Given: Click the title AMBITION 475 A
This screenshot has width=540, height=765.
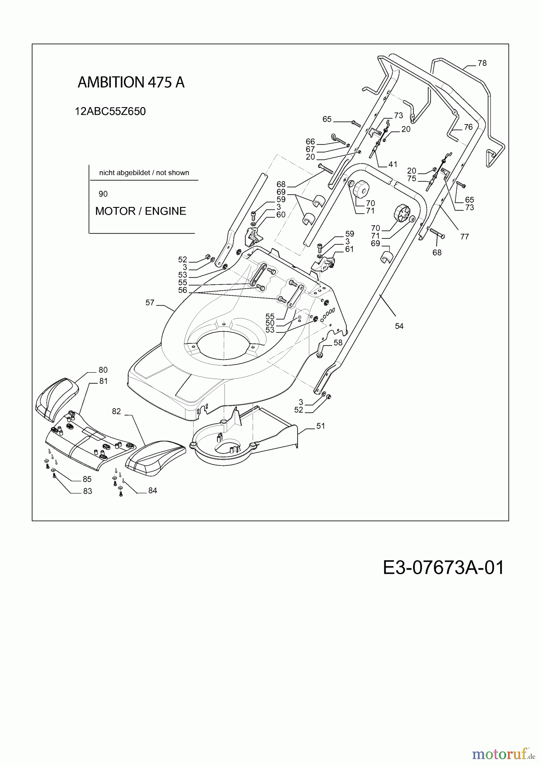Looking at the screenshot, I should tap(131, 82).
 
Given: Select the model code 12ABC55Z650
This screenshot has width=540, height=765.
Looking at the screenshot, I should tap(110, 111).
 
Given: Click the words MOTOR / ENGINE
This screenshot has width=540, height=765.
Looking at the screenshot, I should tap(141, 211).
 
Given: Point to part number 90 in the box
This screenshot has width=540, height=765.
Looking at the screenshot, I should tap(103, 194).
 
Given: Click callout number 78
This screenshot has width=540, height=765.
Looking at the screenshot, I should tap(482, 63).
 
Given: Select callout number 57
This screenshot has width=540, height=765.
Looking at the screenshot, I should tap(150, 303).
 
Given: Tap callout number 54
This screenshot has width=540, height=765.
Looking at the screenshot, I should tap(399, 326).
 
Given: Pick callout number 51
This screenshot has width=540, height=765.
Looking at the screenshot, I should tap(321, 425).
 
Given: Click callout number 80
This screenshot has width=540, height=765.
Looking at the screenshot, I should tap(103, 370).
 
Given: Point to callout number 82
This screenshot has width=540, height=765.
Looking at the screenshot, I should tap(116, 411).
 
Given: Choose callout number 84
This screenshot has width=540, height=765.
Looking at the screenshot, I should tap(153, 490).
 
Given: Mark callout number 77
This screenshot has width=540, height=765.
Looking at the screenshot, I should tap(465, 236).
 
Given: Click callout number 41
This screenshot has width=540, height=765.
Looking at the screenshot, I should tap(393, 164).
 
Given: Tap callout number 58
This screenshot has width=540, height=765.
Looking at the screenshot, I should tap(338, 343).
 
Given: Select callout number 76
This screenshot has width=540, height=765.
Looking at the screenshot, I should tap(468, 127).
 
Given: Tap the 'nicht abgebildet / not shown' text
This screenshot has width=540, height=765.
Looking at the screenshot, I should tap(144, 173).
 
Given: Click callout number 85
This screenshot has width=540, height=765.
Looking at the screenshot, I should tap(87, 479).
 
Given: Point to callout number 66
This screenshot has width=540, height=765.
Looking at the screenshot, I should tap(310, 142).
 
